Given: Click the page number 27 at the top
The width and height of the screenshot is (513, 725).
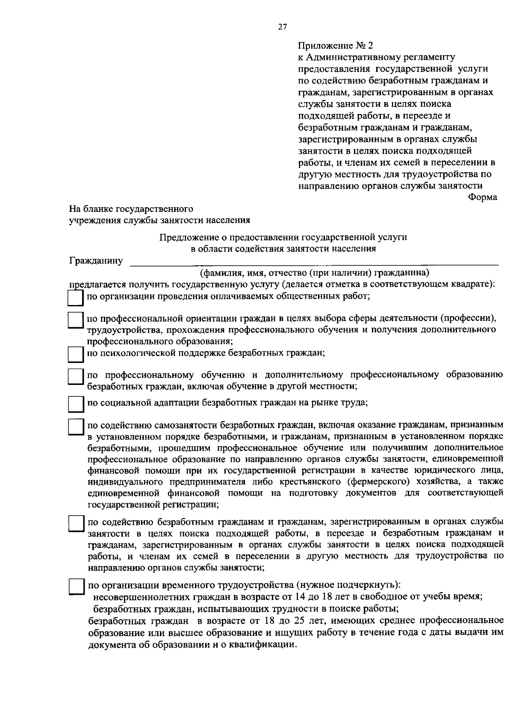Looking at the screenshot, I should pos(282,27).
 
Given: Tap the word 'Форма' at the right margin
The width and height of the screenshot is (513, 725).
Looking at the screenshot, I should pos(483,197).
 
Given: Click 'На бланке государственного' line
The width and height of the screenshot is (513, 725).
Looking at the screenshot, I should pos(131,209).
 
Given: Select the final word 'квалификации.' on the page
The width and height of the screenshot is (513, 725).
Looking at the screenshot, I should pos(265,645).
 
